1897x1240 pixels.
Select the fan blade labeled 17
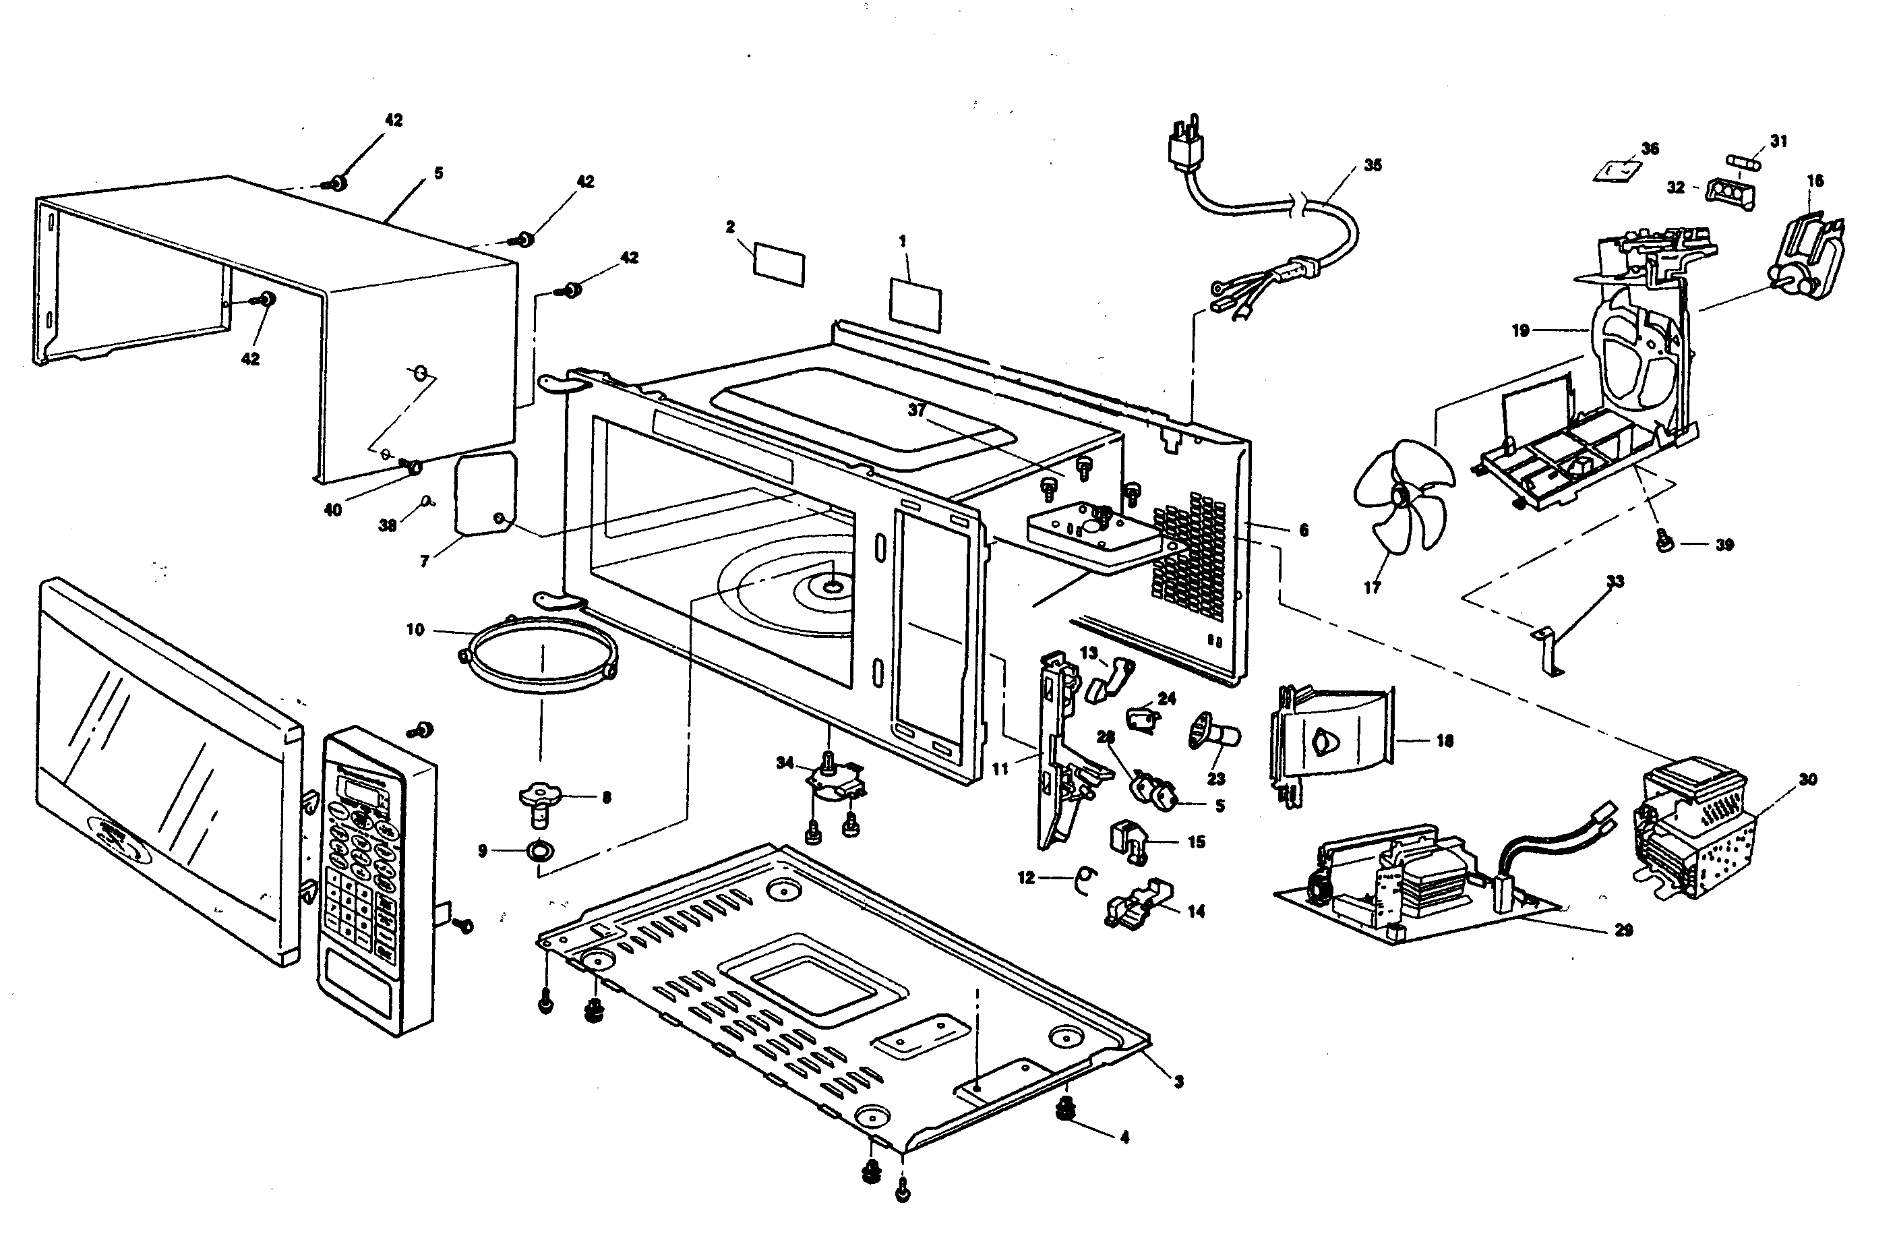tap(1403, 496)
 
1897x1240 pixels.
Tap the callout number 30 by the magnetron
tap(1808, 779)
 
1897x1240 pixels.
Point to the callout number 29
tap(1623, 930)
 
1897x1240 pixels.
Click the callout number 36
tap(1650, 149)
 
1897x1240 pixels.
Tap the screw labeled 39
tap(1662, 544)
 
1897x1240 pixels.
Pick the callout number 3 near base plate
tap(1179, 1082)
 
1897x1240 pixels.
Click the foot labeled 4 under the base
tap(1065, 1108)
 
